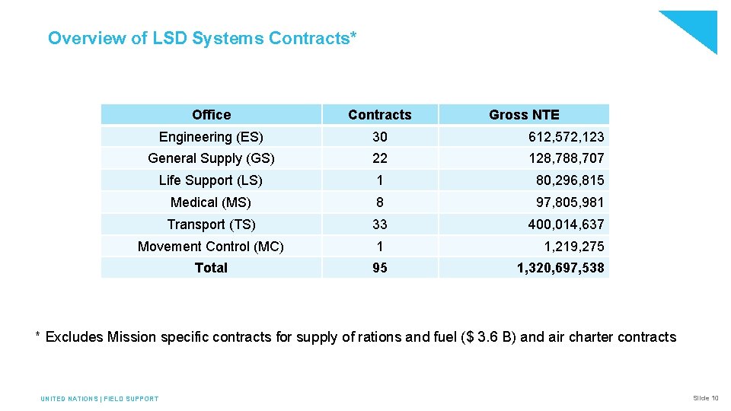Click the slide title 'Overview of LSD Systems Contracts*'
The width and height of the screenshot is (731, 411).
tap(202, 38)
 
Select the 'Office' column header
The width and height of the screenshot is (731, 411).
tap(211, 115)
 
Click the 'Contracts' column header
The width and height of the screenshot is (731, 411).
tap(379, 115)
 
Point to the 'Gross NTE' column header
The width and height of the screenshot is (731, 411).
tap(524, 115)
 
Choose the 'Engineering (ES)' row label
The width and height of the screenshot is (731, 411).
tap(211, 137)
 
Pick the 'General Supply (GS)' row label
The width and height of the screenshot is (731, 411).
tap(211, 158)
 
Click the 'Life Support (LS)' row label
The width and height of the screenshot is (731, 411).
tap(211, 180)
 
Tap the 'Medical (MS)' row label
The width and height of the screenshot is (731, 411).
tap(211, 202)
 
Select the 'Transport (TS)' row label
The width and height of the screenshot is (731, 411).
tap(211, 225)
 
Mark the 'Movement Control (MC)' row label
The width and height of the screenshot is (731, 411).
tap(211, 247)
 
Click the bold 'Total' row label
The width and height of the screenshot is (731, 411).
tap(211, 268)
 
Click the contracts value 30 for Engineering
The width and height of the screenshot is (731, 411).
tap(379, 137)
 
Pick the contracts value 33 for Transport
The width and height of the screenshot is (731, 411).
tap(379, 225)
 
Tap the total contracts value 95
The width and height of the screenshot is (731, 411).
tap(379, 268)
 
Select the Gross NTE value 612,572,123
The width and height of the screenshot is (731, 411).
tap(566, 137)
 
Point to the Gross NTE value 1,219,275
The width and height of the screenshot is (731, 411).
tap(573, 247)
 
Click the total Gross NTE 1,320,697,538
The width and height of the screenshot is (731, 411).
tap(560, 268)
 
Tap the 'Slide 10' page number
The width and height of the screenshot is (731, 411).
tap(705, 398)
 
